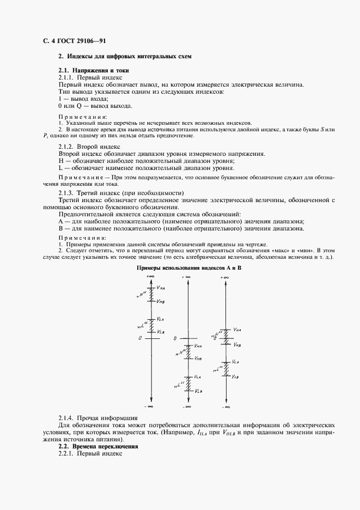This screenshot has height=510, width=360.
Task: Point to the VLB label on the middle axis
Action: tap(198, 391)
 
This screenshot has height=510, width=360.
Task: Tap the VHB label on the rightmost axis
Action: tap(237, 344)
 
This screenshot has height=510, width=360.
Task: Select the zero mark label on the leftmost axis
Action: tap(141, 338)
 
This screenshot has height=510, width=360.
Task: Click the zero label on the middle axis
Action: tap(175, 338)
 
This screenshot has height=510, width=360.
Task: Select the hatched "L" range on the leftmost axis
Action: tap(150, 325)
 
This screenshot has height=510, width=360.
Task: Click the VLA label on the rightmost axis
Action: tap(236, 361)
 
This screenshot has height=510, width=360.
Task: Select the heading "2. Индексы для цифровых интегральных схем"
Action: tap(125, 57)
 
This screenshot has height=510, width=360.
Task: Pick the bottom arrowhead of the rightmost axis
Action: tap(224, 399)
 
